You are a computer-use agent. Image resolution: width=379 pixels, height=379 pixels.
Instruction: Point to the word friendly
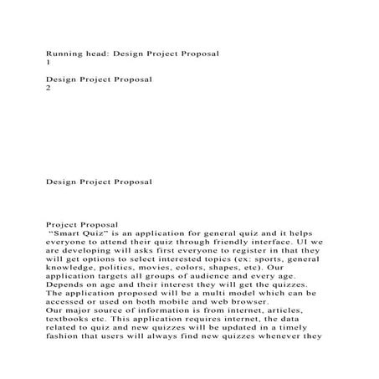(231, 241)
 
